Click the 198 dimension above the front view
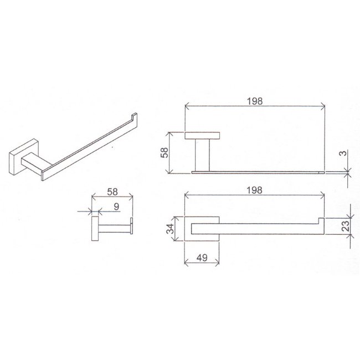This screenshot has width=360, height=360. (255, 101)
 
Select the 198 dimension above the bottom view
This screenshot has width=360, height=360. (254, 191)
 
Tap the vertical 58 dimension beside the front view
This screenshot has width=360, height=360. (164, 152)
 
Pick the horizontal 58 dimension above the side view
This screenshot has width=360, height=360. (112, 192)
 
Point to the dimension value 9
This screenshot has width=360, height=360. (117, 207)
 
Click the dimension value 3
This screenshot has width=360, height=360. (343, 153)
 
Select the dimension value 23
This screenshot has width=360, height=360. (346, 225)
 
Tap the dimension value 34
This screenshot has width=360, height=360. (171, 229)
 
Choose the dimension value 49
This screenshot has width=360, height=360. (202, 258)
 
